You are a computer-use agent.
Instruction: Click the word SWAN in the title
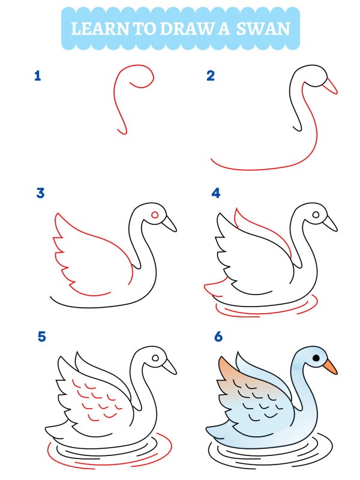pos(263,28)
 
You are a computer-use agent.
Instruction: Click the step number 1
pos(38,76)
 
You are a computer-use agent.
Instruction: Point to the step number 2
pos(211,76)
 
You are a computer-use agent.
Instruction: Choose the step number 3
pos(40,193)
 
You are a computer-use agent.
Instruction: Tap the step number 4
pos(216,193)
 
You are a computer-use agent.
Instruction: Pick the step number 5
pos(41,337)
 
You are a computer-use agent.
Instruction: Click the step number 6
pos(218,337)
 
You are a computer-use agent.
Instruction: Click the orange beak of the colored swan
pos(329,366)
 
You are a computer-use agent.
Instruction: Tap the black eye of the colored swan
pos(316,358)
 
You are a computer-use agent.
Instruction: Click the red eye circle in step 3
pos(155,214)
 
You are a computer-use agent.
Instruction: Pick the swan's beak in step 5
pos(170,366)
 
